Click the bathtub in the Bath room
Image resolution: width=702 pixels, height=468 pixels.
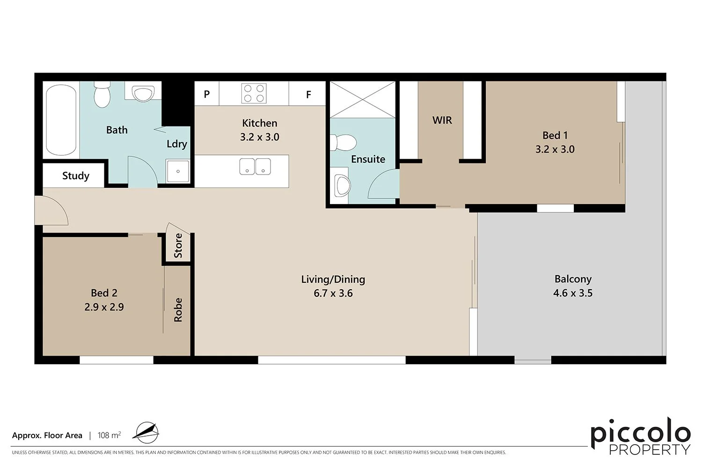tap(61, 120)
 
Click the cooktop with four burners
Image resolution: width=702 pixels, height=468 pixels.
tap(254, 93)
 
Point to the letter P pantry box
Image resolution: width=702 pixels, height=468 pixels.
tap(207, 94)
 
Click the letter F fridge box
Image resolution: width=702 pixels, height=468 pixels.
tap(308, 95)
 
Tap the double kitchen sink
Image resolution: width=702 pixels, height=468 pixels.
tap(255, 166)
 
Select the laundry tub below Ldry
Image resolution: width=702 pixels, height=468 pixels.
tap(178, 171)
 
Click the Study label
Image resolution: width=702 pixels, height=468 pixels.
tap(75, 176)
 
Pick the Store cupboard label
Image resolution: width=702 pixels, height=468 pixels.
tap(178, 246)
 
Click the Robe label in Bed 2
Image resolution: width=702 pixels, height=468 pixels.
tap(178, 310)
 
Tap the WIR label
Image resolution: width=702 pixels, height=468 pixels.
tap(442, 120)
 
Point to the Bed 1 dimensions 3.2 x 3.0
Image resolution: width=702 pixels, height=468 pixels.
tap(555, 149)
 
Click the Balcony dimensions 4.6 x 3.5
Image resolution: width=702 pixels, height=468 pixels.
tap(572, 293)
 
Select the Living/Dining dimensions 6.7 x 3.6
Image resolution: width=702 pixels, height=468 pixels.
tap(333, 293)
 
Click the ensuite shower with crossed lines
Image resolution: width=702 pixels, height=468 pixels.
tap(363, 100)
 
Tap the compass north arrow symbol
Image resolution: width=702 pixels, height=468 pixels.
tap(146, 433)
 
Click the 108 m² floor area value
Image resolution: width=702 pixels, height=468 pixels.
tap(109, 435)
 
